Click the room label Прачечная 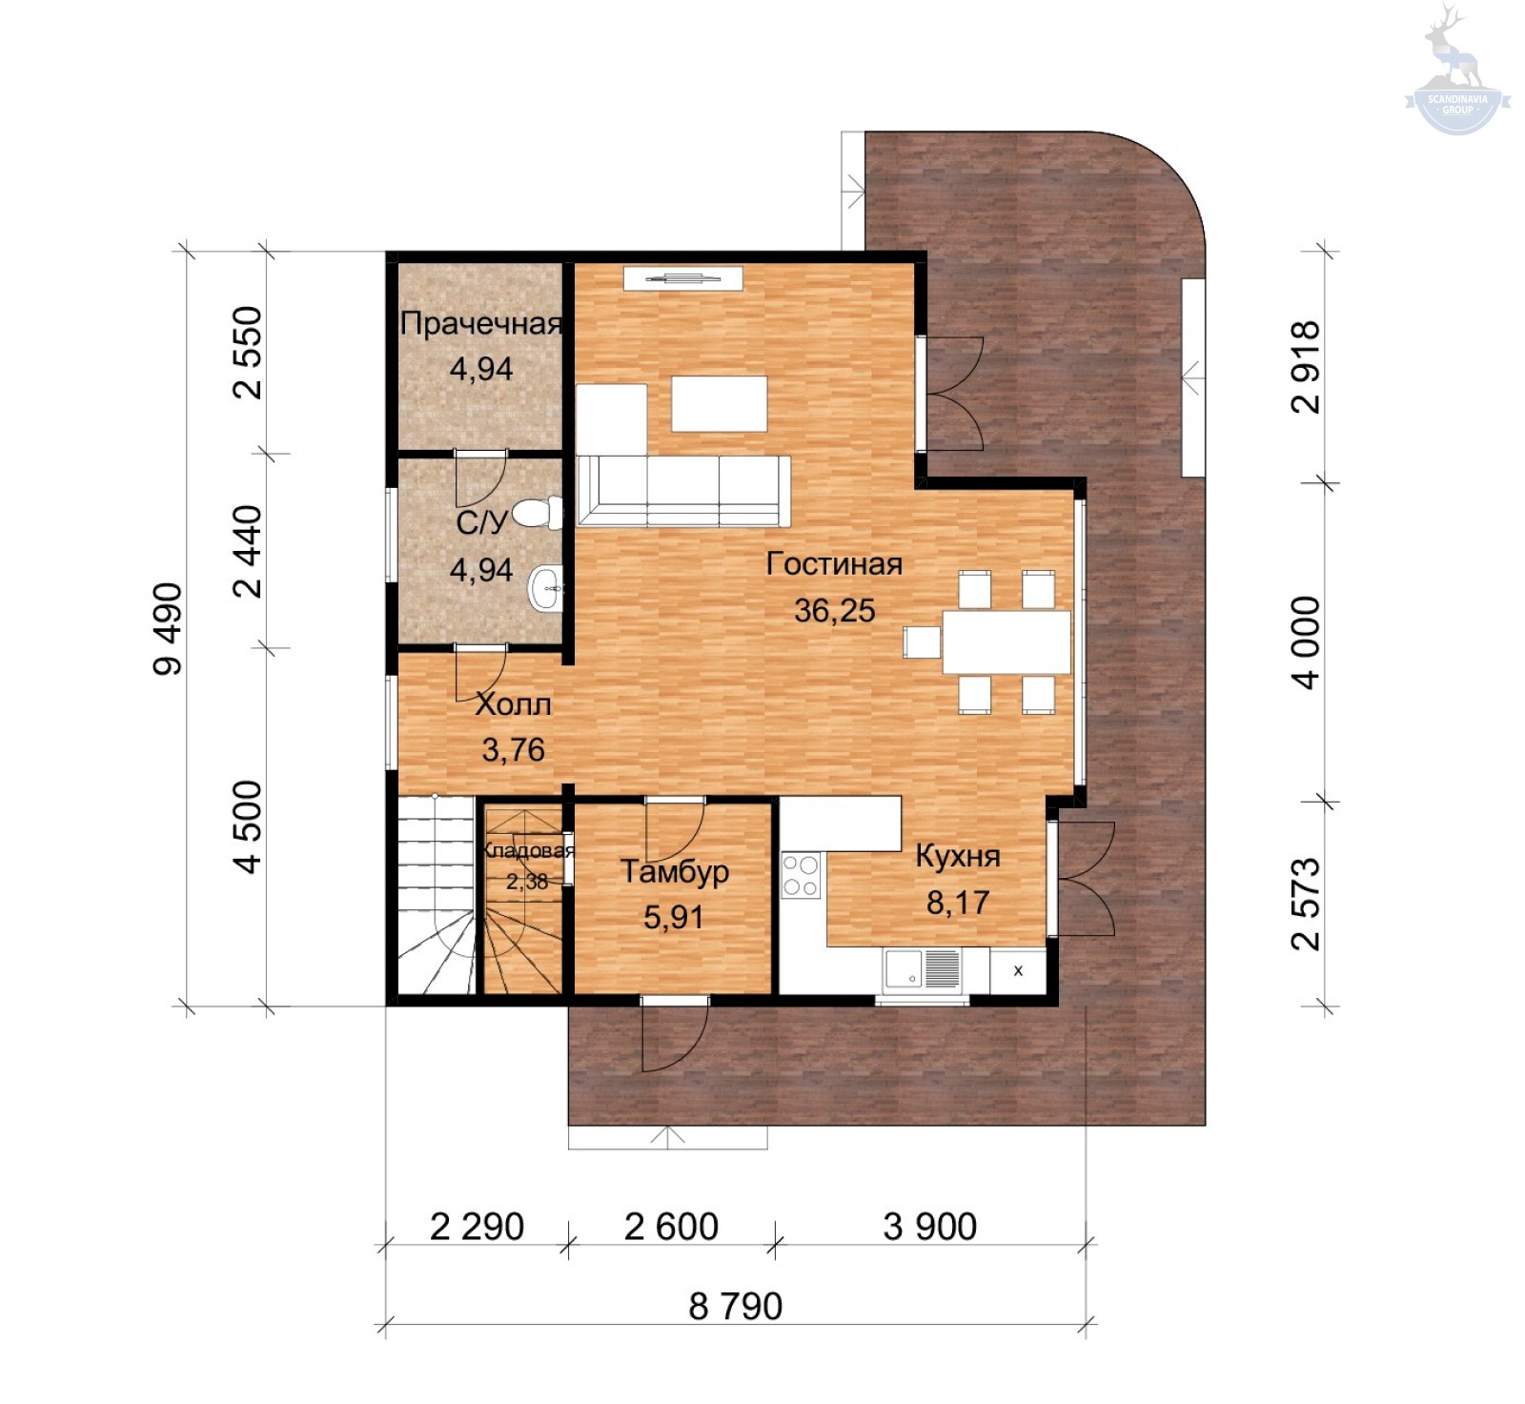481,324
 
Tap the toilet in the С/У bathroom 539,513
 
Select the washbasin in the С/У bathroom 546,588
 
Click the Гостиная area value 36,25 835,611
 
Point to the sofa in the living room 683,491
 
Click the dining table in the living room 1006,641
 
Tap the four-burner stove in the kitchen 801,876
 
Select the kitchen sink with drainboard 923,969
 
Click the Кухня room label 958,856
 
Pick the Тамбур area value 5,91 674,917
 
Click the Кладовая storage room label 528,850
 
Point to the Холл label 514,704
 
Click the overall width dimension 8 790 736,1306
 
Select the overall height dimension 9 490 168,629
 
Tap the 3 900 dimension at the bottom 930,1227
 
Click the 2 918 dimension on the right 1306,367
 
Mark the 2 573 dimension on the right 1306,904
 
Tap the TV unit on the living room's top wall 682,278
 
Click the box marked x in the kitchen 1018,970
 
